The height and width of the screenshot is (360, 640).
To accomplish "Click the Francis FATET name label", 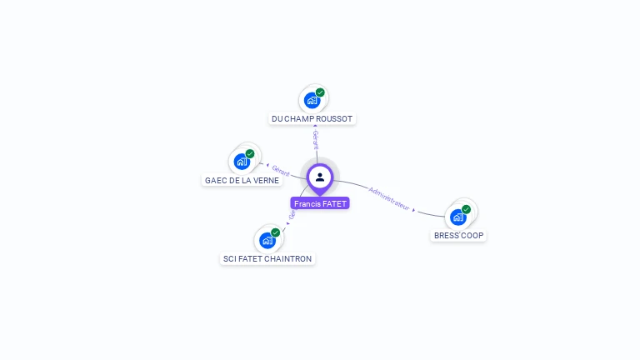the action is click(x=320, y=203).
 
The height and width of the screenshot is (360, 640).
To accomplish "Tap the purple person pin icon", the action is click(x=320, y=177).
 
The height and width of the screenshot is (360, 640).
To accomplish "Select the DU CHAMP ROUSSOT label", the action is click(x=312, y=119).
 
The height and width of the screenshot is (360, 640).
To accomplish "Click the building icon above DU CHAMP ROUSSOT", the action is click(x=312, y=101).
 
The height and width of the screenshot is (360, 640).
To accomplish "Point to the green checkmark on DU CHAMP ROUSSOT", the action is click(x=320, y=92).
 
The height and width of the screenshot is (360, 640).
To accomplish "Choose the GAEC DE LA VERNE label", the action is click(x=242, y=180).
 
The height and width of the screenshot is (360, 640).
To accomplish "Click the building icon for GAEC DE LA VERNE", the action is click(x=242, y=162).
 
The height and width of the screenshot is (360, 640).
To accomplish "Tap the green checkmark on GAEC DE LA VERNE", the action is click(x=250, y=153).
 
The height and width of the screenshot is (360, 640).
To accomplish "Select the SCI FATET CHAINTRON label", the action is click(x=267, y=259).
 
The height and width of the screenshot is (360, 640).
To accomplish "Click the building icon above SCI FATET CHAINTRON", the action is click(x=267, y=241).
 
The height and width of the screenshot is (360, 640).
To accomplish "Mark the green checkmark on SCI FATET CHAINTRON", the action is click(x=276, y=232).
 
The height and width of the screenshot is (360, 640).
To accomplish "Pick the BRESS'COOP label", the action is click(x=458, y=236).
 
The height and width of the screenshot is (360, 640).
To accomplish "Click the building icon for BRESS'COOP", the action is click(x=457, y=217).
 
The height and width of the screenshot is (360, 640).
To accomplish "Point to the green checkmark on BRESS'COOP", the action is click(x=467, y=209).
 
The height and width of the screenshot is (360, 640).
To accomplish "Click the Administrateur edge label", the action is click(x=389, y=197).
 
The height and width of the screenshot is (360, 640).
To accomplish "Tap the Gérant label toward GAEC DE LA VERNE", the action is click(x=281, y=171).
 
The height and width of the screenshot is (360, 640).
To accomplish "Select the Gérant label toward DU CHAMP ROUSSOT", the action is click(x=316, y=139).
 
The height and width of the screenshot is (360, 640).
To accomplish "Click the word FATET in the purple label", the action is click(x=333, y=203).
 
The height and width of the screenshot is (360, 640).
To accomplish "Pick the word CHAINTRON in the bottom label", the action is click(x=291, y=259).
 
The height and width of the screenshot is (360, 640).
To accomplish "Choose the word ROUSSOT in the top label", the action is click(x=335, y=119).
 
